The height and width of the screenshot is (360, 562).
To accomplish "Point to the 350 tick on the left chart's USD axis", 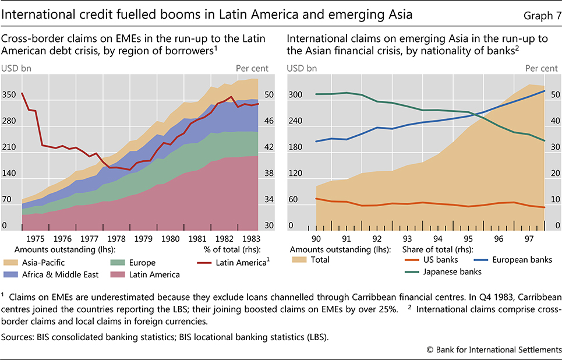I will tap(10, 94).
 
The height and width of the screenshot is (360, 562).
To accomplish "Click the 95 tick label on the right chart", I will tap(468, 238).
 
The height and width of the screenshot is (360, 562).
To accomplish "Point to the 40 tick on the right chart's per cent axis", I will tap(554, 121).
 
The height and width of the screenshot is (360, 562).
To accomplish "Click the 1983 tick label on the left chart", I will tap(250, 238).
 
